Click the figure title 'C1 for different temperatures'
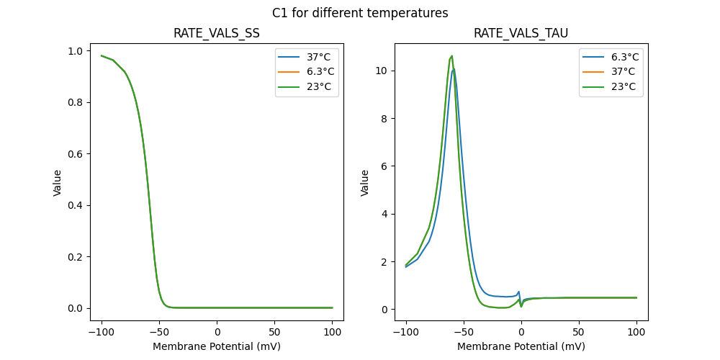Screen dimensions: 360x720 (360, 13)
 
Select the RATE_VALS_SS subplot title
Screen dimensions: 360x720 (217, 33)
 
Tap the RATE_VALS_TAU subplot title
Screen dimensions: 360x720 (521, 33)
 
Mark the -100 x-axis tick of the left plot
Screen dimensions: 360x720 (101, 333)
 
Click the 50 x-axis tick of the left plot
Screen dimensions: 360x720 (274, 333)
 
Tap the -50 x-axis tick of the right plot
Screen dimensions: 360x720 (464, 333)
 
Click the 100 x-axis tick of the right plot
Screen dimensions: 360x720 (636, 333)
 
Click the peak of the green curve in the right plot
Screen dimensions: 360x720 (451, 55)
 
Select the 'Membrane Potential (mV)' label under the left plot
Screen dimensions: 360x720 (217, 346)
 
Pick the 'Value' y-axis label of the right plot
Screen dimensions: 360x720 (365, 182)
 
